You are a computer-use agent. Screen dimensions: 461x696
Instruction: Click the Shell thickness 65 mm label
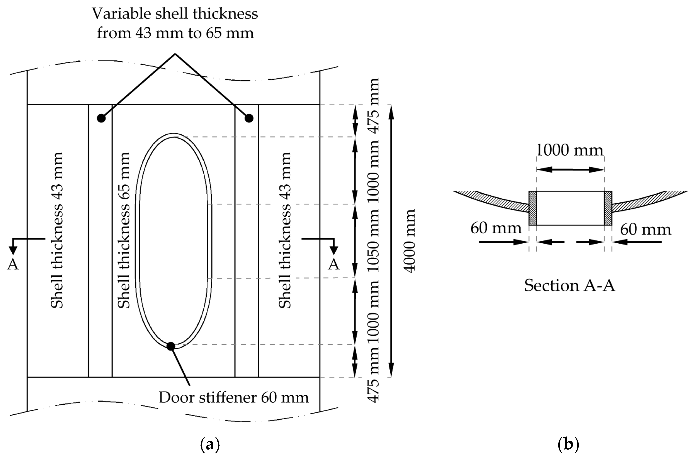(x=124, y=230)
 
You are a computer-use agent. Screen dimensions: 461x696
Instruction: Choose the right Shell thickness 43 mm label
(x=284, y=230)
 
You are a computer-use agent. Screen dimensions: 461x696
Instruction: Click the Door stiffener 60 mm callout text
(x=234, y=397)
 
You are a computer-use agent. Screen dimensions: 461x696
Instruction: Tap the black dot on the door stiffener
(x=171, y=346)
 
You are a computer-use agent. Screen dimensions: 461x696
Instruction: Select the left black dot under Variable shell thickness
(x=101, y=118)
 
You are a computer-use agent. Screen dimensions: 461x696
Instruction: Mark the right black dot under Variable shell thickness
(x=249, y=118)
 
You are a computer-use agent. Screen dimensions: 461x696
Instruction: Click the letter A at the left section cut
(x=13, y=265)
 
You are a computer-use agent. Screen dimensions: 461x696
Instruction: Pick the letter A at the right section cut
(x=333, y=265)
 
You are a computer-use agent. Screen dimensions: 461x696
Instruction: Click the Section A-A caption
(x=569, y=285)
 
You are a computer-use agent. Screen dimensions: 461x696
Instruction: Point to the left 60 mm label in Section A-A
(x=496, y=228)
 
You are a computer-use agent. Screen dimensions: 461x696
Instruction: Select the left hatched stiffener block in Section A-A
(x=533, y=208)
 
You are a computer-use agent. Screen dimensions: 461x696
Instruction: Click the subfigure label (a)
(x=210, y=445)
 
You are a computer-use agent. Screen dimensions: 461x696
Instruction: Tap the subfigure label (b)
(x=568, y=445)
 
